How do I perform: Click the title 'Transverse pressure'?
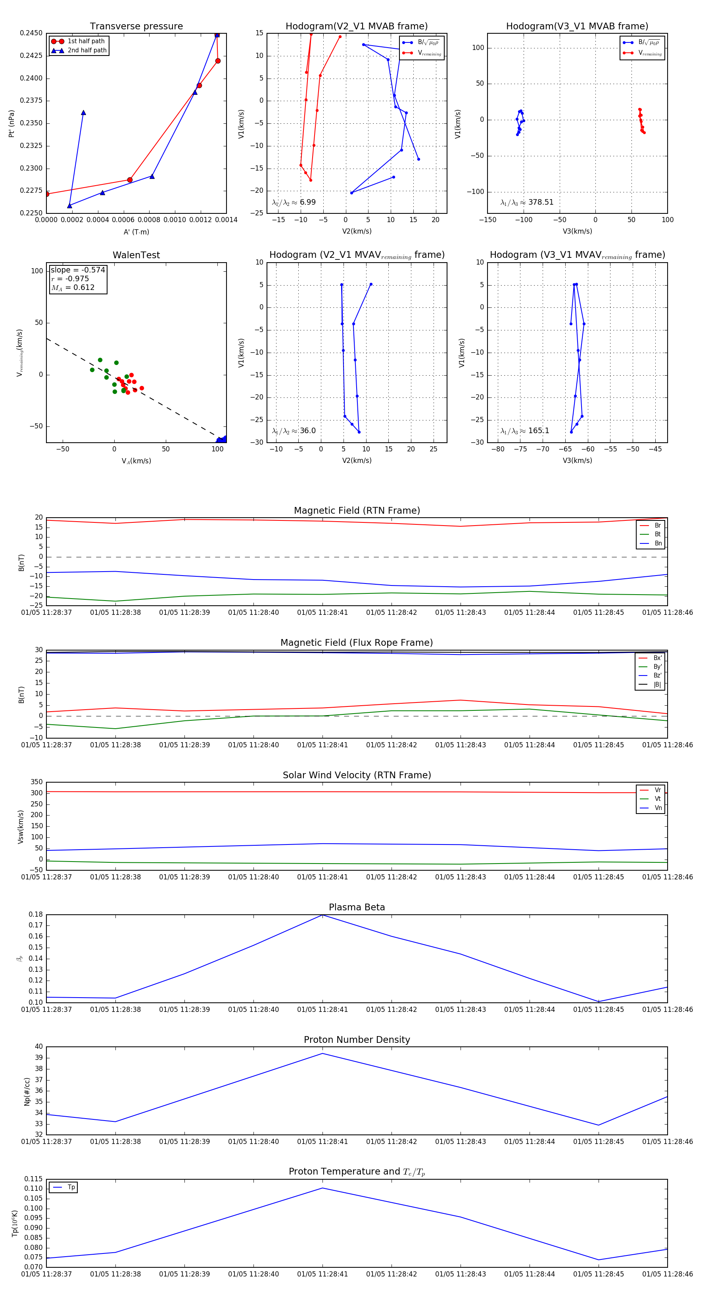[x=136, y=27]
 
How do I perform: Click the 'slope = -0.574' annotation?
[x=78, y=270]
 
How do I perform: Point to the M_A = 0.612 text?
[x=73, y=288]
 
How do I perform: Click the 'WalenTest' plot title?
[x=136, y=255]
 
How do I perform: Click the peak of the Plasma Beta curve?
[x=322, y=915]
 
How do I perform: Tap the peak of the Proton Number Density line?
[x=322, y=1054]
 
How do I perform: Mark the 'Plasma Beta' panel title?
[x=357, y=908]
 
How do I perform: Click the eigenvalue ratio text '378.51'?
[x=541, y=202]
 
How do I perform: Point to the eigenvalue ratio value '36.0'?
[x=307, y=431]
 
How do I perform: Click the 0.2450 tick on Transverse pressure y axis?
[x=31, y=33]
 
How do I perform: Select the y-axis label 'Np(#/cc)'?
[x=27, y=1092]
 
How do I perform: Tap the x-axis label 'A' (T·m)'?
[x=136, y=232]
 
